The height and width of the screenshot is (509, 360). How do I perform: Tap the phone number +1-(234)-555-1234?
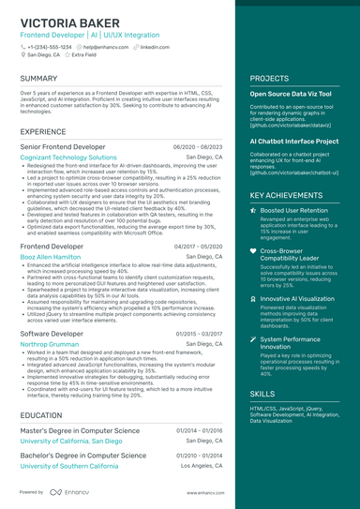pyautogui.click(x=49, y=46)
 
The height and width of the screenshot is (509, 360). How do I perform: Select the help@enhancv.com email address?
pyautogui.click(x=105, y=46)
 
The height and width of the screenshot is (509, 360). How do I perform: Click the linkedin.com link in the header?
pyautogui.click(x=155, y=46)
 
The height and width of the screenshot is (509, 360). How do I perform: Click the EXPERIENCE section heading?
pyautogui.click(x=43, y=131)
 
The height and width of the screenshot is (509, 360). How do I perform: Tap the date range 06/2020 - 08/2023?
pyautogui.click(x=198, y=147)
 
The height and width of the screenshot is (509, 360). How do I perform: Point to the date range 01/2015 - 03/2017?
pyautogui.click(x=198, y=334)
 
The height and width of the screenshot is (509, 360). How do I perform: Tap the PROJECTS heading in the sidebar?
pyautogui.click(x=269, y=79)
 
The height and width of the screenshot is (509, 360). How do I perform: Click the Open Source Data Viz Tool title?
pyautogui.click(x=290, y=95)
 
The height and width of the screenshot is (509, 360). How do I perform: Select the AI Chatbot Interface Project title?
pyautogui.click(x=294, y=142)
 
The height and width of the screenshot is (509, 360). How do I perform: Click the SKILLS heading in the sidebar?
pyautogui.click(x=262, y=395)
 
